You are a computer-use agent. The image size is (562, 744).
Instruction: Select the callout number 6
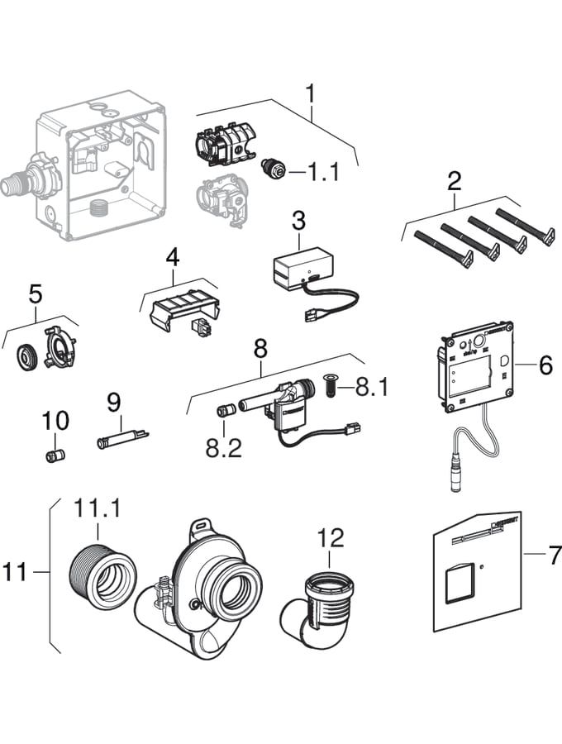pos(545,365)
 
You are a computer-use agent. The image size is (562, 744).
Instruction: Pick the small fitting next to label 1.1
pos(269,169)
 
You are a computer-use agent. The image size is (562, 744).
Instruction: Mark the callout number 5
pos(35,293)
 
